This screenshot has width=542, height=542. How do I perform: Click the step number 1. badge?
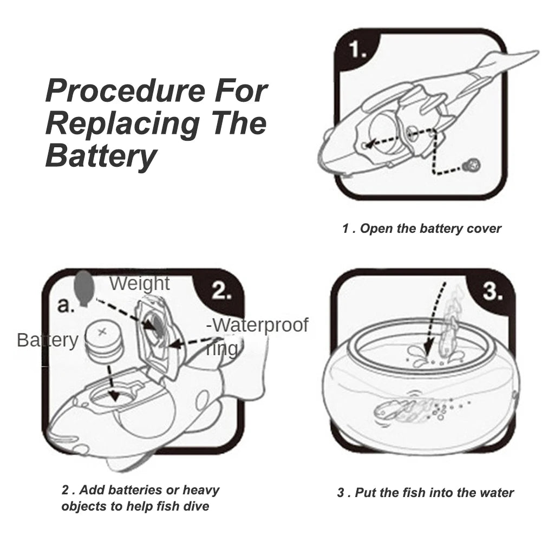click(358, 50)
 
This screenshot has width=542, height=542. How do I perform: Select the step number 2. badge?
click(221, 292)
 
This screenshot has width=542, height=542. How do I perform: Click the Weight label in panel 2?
click(139, 283)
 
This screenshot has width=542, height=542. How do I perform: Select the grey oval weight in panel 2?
click(82, 287)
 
